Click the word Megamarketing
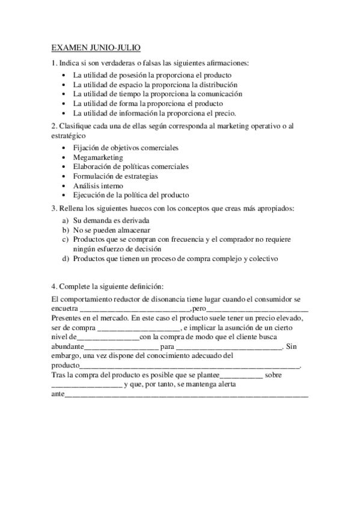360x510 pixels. (97, 158)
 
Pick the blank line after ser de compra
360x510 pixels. (138, 328)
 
